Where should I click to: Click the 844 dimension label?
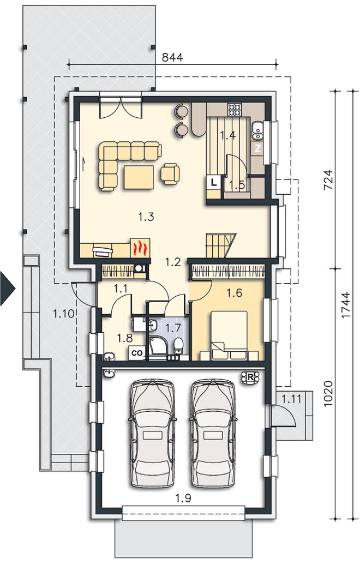pos(172,57)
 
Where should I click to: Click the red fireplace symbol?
pos(140,248)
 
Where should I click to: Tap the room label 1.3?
pos(146,217)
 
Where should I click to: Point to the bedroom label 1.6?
pos(234,293)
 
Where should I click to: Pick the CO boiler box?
pos(137,353)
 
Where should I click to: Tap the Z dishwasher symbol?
pos(257,148)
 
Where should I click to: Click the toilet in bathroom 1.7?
pos(178,346)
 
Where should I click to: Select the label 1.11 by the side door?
pos(291,398)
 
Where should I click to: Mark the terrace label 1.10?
pos(64,314)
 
